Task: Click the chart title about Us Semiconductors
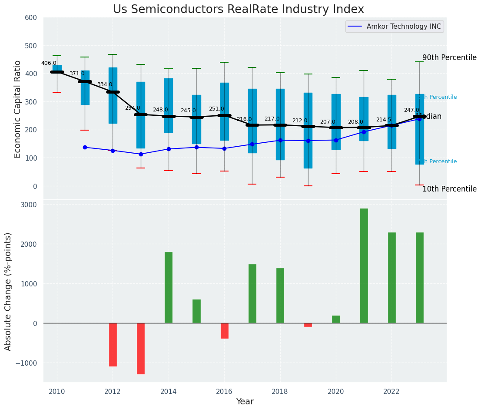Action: (x=239, y=10)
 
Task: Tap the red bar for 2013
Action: (x=141, y=348)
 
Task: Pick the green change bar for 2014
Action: (x=169, y=287)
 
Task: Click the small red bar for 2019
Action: (x=308, y=325)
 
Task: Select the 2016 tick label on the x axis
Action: (x=224, y=391)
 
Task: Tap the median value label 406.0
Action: (x=49, y=63)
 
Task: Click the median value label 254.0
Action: (x=133, y=108)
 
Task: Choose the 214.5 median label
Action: (x=384, y=120)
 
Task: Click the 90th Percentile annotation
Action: (x=449, y=57)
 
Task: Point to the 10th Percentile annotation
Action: (x=449, y=189)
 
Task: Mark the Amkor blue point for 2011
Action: (x=85, y=147)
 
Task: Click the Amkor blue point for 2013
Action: (x=141, y=154)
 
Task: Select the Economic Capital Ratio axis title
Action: (x=18, y=109)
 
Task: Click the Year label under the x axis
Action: (x=245, y=402)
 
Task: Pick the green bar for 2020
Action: (x=336, y=319)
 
